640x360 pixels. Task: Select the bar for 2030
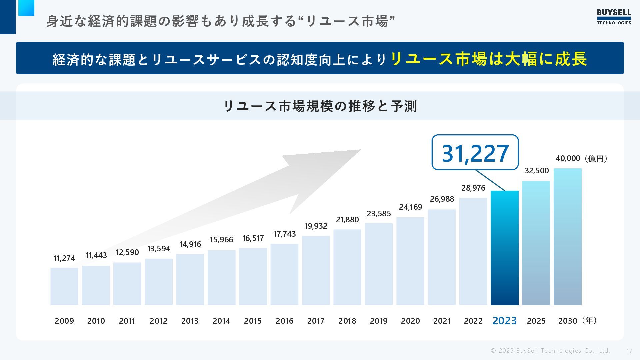(567, 237)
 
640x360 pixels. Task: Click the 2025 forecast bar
(536, 243)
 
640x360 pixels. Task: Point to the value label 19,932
(316, 226)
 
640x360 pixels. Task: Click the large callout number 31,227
(475, 153)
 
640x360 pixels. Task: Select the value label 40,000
(568, 158)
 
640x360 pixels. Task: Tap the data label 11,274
(64, 258)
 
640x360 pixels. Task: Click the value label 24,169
(410, 207)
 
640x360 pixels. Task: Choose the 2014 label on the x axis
(221, 321)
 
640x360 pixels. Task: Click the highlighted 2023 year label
(504, 321)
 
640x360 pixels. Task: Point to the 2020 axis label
(410, 321)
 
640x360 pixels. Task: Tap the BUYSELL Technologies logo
(614, 17)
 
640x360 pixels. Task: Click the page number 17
(629, 351)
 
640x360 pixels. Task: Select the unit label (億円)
(596, 159)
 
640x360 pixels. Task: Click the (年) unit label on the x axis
(589, 321)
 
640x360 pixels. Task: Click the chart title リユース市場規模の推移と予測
(320, 106)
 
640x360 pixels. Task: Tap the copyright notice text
(550, 351)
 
